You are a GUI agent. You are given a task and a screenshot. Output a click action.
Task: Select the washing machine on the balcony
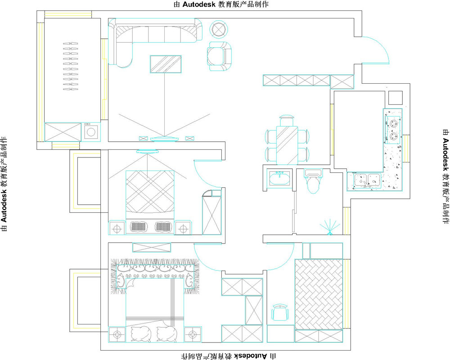[x=91, y=132]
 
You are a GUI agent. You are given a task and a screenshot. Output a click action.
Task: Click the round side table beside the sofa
[x=219, y=29]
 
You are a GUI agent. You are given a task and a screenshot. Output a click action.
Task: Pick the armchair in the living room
[x=219, y=56]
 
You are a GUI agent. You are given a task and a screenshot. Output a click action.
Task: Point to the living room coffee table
[x=166, y=64]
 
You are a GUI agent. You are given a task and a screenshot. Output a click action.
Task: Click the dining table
[x=287, y=145]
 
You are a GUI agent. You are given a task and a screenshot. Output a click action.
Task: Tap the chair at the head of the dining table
[x=287, y=120]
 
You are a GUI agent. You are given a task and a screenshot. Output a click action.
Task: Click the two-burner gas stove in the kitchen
[x=393, y=130]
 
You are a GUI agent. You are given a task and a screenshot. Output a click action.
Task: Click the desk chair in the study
[x=280, y=313]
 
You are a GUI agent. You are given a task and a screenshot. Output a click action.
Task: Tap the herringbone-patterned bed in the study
[x=319, y=294]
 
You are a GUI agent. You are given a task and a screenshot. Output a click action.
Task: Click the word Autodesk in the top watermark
[x=198, y=4]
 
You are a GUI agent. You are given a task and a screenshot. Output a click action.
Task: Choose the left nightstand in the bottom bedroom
[x=117, y=334]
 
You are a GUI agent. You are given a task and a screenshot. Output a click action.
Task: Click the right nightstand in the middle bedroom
[x=183, y=228]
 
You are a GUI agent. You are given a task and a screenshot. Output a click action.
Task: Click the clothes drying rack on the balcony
[x=70, y=66]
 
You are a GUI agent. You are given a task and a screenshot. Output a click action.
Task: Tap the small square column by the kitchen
[x=396, y=98]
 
